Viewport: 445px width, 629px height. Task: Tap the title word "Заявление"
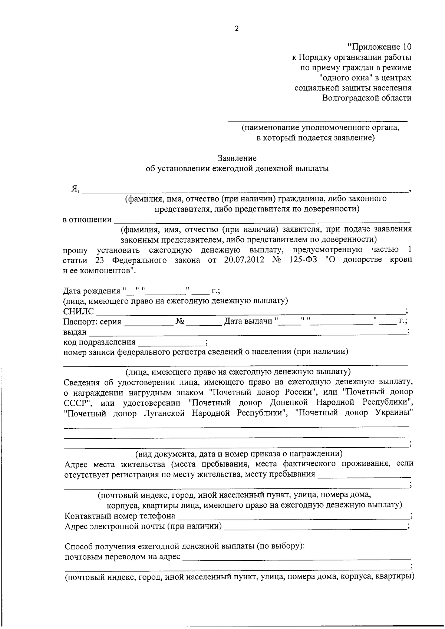point(237,158)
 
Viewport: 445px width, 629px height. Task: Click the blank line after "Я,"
point(245,190)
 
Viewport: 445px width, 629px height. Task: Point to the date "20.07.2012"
point(244,260)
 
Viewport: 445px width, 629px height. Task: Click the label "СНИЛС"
point(79,312)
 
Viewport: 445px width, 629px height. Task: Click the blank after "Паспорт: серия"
point(148,322)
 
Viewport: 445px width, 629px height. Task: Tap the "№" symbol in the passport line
point(180,322)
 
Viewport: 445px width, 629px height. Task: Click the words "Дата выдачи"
point(248,322)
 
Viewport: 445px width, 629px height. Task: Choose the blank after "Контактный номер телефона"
point(293,517)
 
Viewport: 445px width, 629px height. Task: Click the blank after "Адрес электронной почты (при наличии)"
point(315,527)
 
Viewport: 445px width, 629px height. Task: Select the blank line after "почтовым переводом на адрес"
point(297,557)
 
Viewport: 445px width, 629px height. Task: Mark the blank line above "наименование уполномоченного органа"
point(317,121)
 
